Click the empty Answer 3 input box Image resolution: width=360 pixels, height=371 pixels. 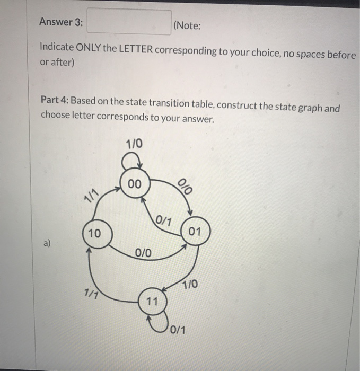pyautogui.click(x=129, y=22)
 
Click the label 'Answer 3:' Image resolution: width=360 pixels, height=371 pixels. pyautogui.click(x=61, y=23)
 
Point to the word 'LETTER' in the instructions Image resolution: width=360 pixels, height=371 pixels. pyautogui.click(x=135, y=50)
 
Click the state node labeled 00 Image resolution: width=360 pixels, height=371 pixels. pyautogui.click(x=135, y=184)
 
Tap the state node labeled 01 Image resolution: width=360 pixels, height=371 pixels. pyautogui.click(x=197, y=232)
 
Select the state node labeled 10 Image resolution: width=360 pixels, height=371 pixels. pyautogui.click(x=96, y=234)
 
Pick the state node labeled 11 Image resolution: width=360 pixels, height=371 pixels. pyautogui.click(x=152, y=302)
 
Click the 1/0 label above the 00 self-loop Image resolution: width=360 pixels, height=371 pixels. pyautogui.click(x=134, y=144)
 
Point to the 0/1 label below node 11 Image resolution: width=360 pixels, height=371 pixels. pyautogui.click(x=178, y=330)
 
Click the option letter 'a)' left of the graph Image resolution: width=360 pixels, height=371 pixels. pyautogui.click(x=48, y=243)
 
